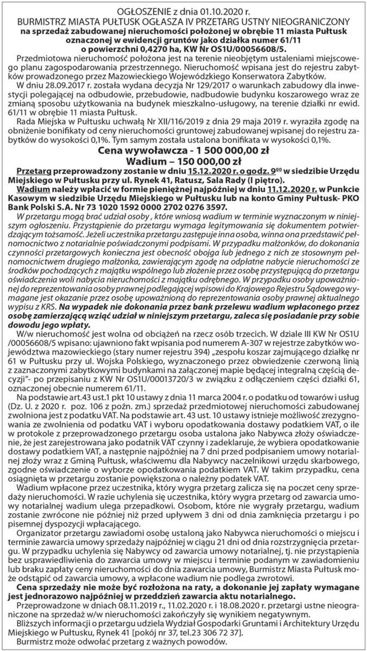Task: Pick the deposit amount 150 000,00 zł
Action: [x=211, y=161]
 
